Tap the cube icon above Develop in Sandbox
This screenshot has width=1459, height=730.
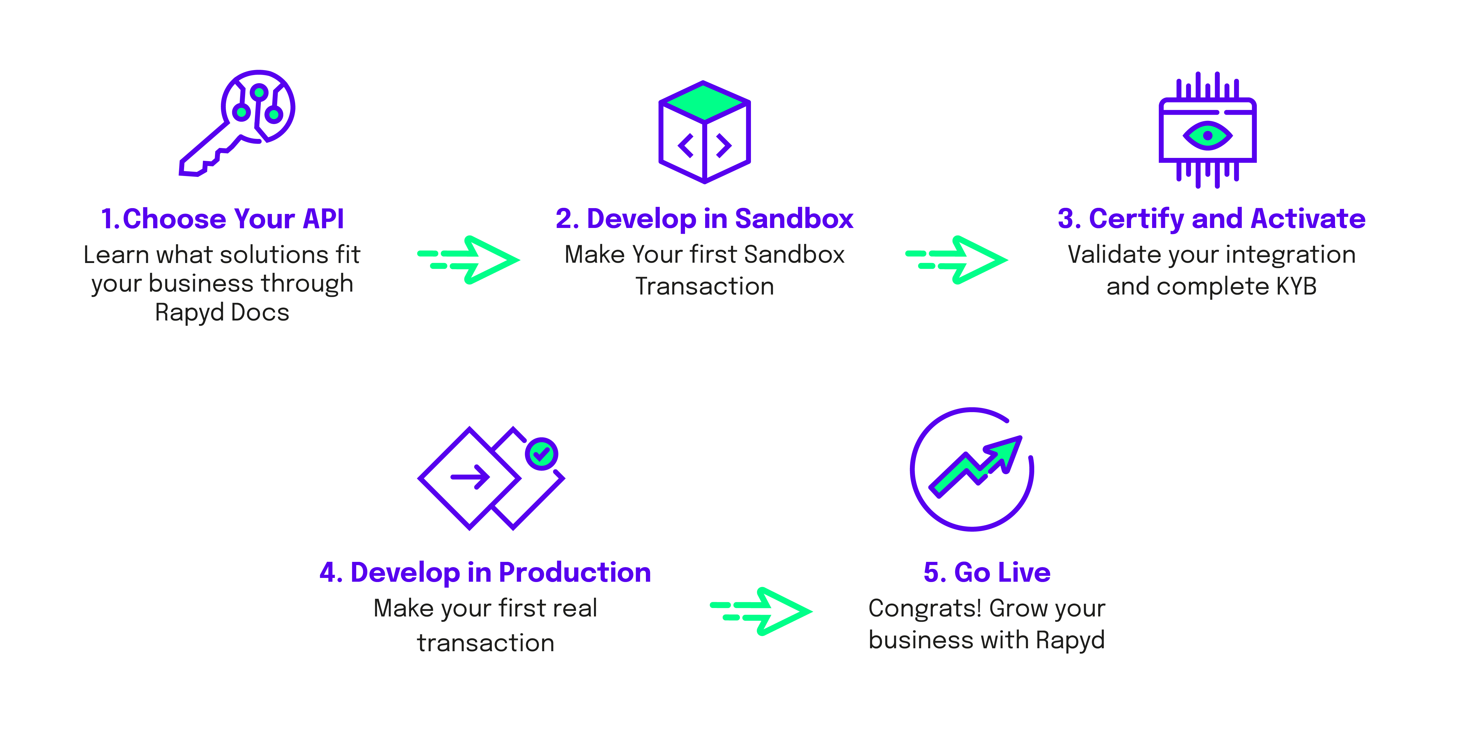coord(704,132)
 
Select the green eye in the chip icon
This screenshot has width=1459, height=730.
coord(1208,135)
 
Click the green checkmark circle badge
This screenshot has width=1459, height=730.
coord(541,453)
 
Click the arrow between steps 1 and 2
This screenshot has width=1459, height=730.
coord(469,259)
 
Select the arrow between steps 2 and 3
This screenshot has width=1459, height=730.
coord(957,259)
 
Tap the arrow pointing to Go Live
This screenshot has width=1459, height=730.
coord(761,611)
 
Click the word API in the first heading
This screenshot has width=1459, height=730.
coord(323,219)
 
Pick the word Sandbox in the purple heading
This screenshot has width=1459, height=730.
coord(794,219)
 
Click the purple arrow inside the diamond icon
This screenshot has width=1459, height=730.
coord(470,477)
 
